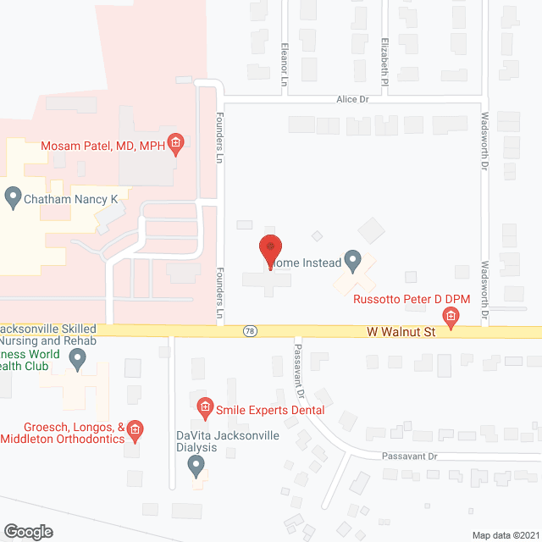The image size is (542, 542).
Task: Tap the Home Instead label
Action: pyautogui.click(x=309, y=263)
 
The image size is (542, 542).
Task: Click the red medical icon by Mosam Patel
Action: pyautogui.click(x=175, y=142)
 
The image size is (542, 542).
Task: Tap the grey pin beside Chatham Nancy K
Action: pyautogui.click(x=13, y=198)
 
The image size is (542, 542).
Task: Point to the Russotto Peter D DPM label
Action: pyautogui.click(x=411, y=300)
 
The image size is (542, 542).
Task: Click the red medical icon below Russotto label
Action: pyautogui.click(x=451, y=319)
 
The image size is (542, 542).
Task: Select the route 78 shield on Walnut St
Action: pyautogui.click(x=249, y=330)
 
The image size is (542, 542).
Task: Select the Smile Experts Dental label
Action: pyautogui.click(x=270, y=410)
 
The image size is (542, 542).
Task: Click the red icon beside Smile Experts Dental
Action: pyautogui.click(x=204, y=409)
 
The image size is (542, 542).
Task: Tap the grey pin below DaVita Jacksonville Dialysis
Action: pyautogui.click(x=196, y=465)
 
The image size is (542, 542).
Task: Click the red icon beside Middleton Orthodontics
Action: pyautogui.click(x=135, y=432)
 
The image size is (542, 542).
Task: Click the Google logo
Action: pyautogui.click(x=28, y=531)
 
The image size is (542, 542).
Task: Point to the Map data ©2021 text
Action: pyautogui.click(x=505, y=534)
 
